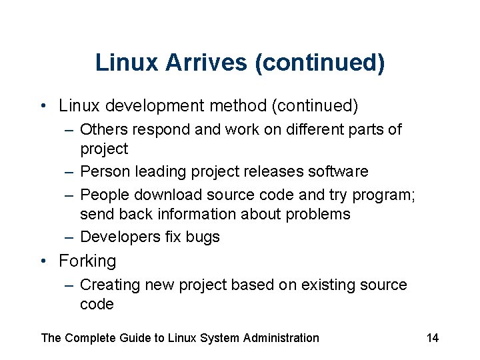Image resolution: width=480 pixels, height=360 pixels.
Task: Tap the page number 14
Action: tap(433, 338)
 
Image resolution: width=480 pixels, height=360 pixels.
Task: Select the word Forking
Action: tap(87, 261)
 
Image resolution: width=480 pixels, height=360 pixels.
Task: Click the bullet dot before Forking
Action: tap(43, 261)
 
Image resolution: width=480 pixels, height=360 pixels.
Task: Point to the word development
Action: tap(157, 106)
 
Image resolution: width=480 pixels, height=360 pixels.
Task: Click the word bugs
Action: tap(203, 237)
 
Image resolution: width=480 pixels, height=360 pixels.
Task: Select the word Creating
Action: tap(108, 285)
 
